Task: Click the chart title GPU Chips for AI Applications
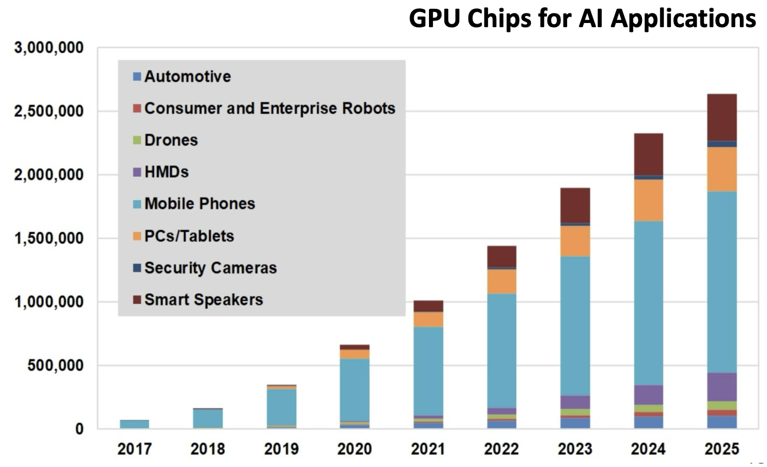click(x=582, y=19)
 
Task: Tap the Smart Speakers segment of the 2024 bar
click(x=648, y=154)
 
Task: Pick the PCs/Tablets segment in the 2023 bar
click(x=575, y=241)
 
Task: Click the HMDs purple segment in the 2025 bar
click(x=722, y=387)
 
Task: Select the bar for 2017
click(x=135, y=424)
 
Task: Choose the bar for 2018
click(x=208, y=418)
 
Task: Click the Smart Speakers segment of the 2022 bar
click(x=501, y=256)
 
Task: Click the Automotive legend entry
click(x=187, y=77)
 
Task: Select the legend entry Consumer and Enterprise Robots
click(x=269, y=108)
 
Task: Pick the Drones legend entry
click(x=171, y=140)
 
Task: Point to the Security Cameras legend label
click(x=210, y=268)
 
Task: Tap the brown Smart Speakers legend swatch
click(x=137, y=300)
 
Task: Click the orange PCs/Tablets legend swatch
click(x=137, y=236)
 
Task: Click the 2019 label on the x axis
click(x=281, y=449)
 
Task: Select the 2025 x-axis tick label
click(x=722, y=449)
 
